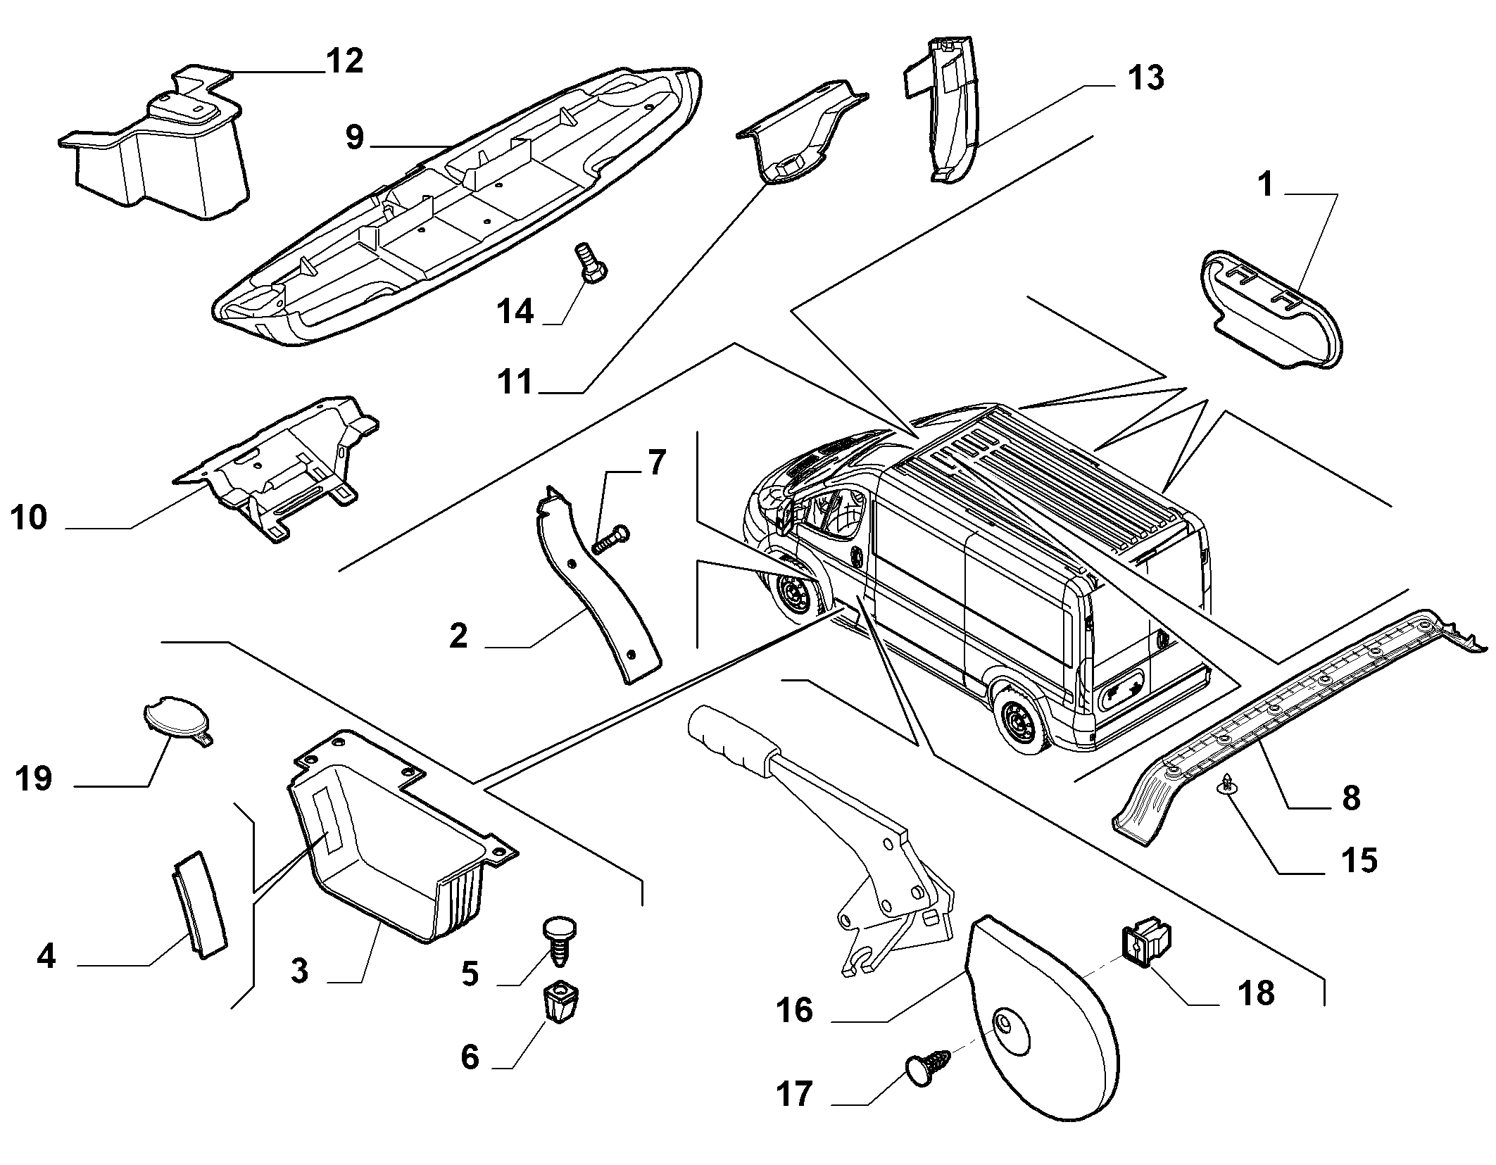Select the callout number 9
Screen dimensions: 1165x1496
(x=356, y=137)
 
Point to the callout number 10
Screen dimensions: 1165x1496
(x=29, y=518)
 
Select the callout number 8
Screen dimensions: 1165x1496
(x=1351, y=799)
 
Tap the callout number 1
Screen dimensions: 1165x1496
(x=1265, y=185)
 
